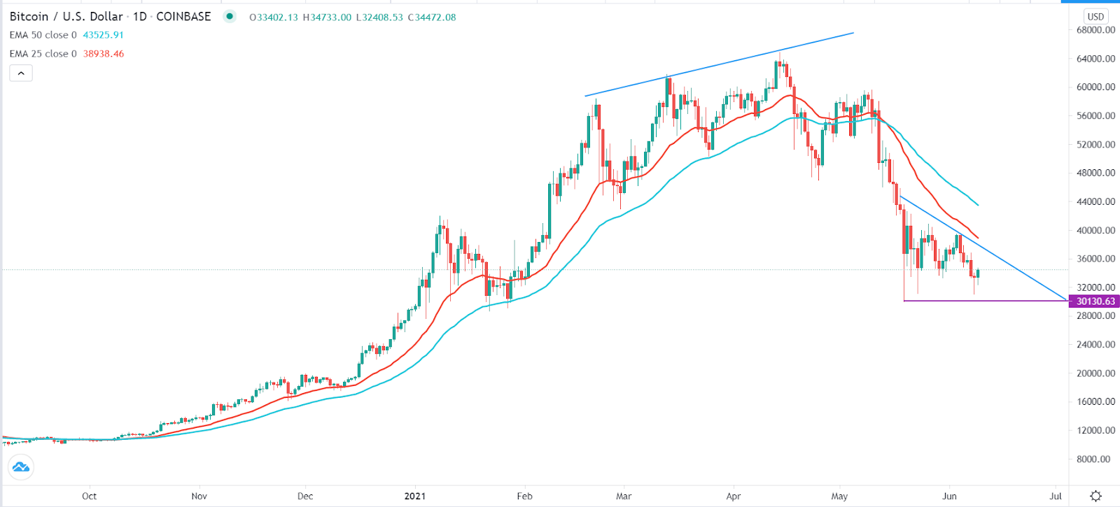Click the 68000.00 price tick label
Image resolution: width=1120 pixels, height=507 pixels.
1095,30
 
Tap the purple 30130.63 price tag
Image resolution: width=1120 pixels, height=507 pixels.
1095,301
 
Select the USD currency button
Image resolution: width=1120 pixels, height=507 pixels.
1095,17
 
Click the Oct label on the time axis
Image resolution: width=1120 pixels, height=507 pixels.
89,497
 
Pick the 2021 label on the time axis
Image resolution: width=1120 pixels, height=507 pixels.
415,497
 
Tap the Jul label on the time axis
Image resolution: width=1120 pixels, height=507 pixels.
1056,497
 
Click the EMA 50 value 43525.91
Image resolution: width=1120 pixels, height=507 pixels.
103,35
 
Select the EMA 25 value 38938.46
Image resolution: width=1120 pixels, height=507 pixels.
103,54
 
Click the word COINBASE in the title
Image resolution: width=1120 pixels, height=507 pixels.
183,17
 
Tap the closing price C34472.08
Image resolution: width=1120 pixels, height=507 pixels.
432,17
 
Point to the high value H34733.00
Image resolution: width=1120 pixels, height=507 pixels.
327,17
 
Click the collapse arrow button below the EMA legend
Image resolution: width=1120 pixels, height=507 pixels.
21,73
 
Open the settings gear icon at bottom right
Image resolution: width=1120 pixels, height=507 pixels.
1096,497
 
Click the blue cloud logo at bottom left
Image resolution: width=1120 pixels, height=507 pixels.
21,466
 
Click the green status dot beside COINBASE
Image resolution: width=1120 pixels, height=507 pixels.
230,16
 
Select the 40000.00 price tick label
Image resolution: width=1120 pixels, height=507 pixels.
1095,231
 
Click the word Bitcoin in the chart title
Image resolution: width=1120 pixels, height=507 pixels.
28,17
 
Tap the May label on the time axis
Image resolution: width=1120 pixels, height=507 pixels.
839,497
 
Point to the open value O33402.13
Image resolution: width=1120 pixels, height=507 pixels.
274,17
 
